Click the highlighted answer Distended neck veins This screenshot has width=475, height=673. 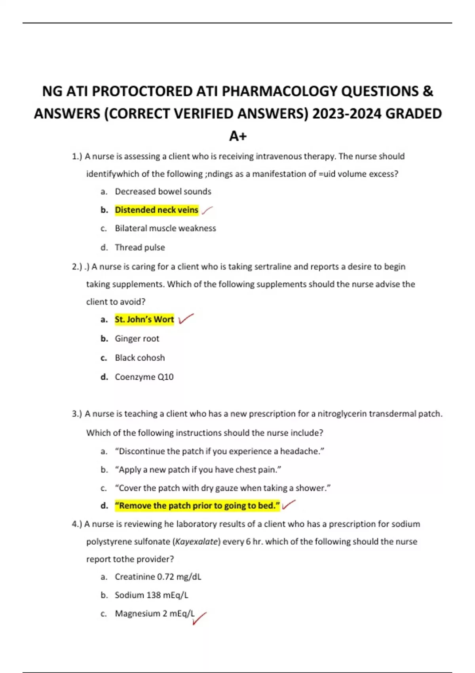pyautogui.click(x=156, y=210)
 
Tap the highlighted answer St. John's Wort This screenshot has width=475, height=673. pyautogui.click(x=144, y=319)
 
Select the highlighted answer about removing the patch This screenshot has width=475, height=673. pyautogui.click(x=197, y=506)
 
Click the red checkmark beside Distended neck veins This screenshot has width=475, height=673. pyautogui.click(x=207, y=211)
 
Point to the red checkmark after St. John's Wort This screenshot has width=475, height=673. pyautogui.click(x=186, y=319)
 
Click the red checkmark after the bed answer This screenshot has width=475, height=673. pyautogui.click(x=289, y=505)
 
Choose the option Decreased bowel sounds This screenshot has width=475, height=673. pyautogui.click(x=163, y=192)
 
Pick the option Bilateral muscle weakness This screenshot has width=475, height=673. pyautogui.click(x=165, y=228)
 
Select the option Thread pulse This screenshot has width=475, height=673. pyautogui.click(x=140, y=247)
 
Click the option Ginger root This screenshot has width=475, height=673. pyautogui.click(x=137, y=338)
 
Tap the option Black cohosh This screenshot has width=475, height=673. pyautogui.click(x=140, y=358)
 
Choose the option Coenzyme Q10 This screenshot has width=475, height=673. pyautogui.click(x=144, y=377)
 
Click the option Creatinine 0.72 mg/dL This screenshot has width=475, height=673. pyautogui.click(x=158, y=577)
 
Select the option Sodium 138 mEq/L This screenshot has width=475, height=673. pyautogui.click(x=151, y=595)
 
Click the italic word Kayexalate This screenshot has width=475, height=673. pyautogui.click(x=196, y=542)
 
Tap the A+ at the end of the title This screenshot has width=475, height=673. pyautogui.click(x=237, y=136)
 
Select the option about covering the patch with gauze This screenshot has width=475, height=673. pyautogui.click(x=222, y=488)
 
